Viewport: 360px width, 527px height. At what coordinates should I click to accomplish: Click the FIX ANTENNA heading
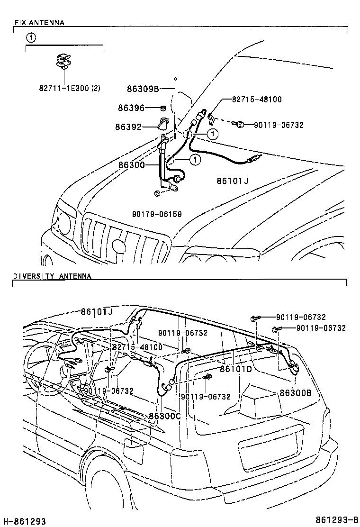click(x=39, y=22)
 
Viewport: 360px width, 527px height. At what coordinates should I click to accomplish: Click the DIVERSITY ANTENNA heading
click(x=52, y=276)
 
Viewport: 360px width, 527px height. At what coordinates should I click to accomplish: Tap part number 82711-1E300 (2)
click(x=70, y=88)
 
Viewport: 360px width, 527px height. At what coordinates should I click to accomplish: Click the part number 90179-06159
click(x=157, y=214)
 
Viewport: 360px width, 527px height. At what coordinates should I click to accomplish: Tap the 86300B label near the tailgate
click(x=296, y=392)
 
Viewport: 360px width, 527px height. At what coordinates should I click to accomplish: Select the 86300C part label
click(x=165, y=416)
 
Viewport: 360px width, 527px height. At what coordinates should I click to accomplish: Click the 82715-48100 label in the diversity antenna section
click(x=137, y=347)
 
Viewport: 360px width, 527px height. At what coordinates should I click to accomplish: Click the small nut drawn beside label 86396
click(x=162, y=108)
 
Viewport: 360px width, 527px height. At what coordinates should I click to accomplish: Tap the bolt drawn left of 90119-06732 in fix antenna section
click(x=239, y=125)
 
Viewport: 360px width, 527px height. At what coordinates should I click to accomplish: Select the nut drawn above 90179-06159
click(x=157, y=194)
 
